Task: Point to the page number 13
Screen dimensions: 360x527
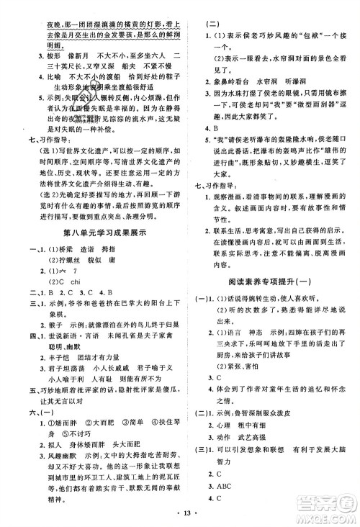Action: (x=180, y=517)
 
